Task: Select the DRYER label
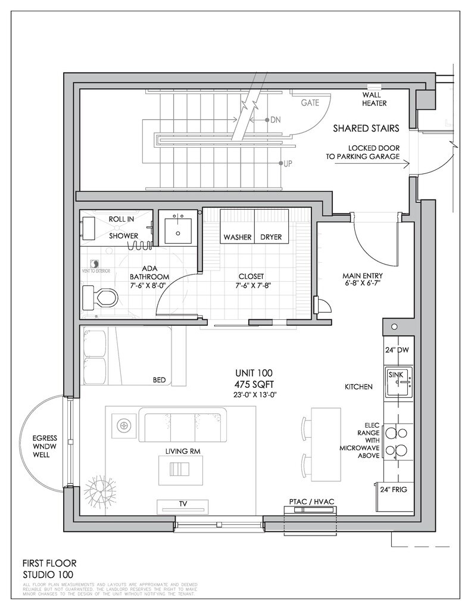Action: [271, 237]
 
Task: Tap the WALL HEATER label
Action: [374, 99]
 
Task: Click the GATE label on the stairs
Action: [310, 102]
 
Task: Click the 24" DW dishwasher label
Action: [397, 350]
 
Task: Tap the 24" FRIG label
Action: [397, 491]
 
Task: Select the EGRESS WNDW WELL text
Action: [45, 446]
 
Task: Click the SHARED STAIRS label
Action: [366, 127]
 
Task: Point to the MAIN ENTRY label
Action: [363, 276]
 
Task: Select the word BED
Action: [160, 379]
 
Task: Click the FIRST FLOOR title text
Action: [49, 562]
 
